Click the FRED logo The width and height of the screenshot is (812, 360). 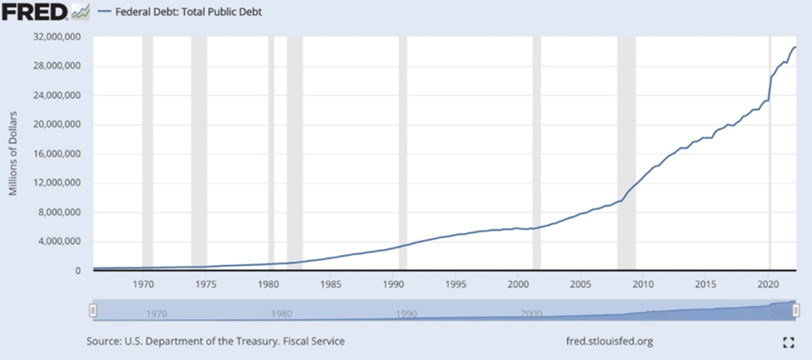coord(35,12)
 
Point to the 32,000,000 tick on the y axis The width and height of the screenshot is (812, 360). coord(57,37)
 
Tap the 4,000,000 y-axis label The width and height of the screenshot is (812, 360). coord(60,242)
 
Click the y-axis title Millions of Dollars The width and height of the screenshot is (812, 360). coord(13,154)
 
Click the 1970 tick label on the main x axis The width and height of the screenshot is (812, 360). coord(144,283)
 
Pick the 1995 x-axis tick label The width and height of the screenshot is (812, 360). coord(456,283)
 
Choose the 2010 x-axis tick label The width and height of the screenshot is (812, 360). coord(642,283)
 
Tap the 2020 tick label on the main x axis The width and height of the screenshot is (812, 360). coord(767,283)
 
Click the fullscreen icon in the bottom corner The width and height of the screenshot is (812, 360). coord(788,342)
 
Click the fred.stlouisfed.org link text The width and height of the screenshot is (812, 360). coord(608,341)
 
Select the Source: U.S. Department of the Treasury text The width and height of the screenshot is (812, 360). coord(216,341)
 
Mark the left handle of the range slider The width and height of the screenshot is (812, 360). coord(94,311)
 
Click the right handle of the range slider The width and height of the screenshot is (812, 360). coord(795,311)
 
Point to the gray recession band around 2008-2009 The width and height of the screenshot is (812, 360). coord(626,154)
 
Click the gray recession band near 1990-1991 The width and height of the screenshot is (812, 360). coord(403,154)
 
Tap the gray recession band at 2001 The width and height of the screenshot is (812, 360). coord(536,154)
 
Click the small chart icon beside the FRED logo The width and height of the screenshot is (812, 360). coord(81,12)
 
